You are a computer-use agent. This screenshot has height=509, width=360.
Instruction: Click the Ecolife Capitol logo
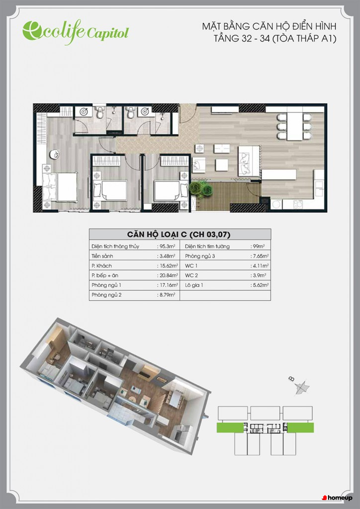tap(76, 31)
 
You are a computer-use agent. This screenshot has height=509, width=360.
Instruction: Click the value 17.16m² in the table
tap(168, 285)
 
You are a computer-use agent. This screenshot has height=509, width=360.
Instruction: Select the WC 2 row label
tap(191, 275)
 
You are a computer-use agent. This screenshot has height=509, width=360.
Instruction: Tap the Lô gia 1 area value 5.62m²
tap(261, 285)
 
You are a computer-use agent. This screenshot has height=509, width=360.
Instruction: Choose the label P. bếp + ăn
tap(105, 275)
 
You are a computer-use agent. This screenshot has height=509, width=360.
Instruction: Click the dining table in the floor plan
tap(295, 126)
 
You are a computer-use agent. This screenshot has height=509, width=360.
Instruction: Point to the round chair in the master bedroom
tap(55, 155)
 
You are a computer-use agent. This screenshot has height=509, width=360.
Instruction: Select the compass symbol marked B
tap(301, 386)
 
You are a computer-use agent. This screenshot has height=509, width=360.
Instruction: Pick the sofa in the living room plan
tap(249, 161)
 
